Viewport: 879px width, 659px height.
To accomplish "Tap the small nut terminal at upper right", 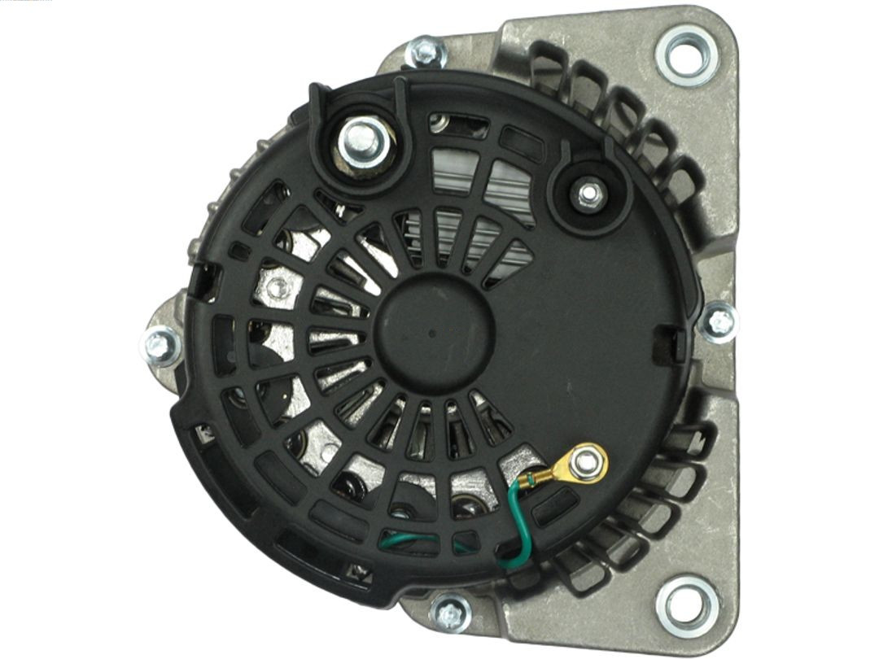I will tap(588, 195).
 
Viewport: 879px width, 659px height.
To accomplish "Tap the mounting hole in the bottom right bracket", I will tap(688, 606).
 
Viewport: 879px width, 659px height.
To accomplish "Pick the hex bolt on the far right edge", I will tap(719, 321).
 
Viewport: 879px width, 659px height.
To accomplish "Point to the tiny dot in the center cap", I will tap(430, 334).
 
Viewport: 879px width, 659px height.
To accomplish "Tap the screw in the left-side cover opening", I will tap(278, 285).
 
